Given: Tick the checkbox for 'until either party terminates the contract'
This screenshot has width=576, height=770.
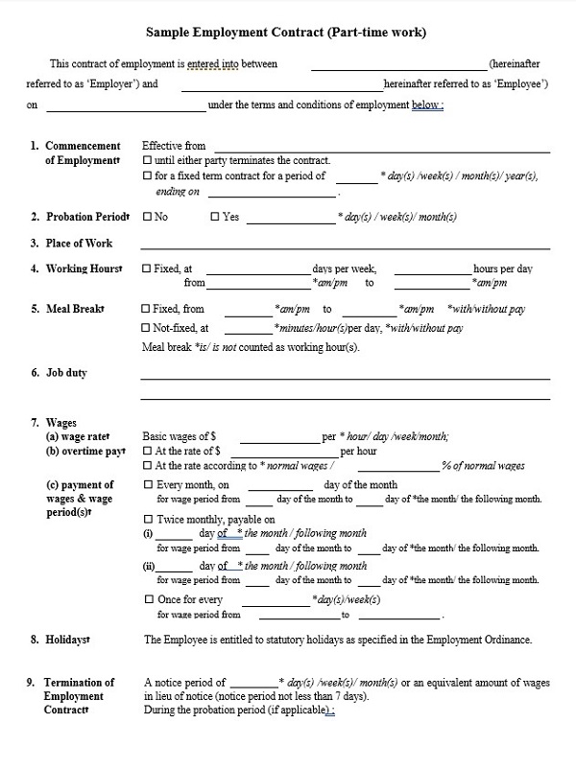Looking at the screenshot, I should (146, 160).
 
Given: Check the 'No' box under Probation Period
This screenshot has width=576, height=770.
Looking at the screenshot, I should (146, 217).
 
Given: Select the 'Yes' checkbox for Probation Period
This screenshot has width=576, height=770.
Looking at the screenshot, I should (214, 217).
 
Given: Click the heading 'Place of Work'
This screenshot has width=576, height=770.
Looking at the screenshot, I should (79, 244).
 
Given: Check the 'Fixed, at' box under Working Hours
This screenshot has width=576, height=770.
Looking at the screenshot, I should (146, 269).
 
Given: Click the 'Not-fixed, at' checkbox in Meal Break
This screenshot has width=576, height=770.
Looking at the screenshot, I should (146, 328).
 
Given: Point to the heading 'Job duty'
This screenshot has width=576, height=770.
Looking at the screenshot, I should (66, 372).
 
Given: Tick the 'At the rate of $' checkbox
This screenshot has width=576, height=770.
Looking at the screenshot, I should (147, 451).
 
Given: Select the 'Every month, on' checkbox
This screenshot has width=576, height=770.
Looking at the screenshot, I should (147, 485).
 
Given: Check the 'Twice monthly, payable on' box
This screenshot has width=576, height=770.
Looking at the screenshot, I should (147, 519).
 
